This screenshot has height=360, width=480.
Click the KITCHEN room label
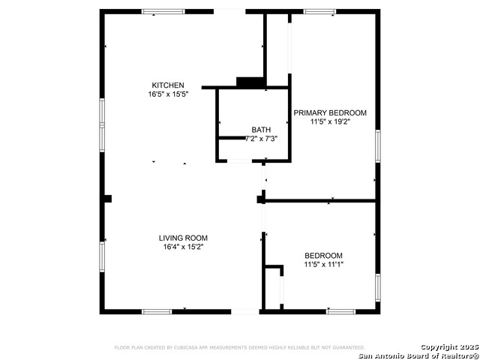coord(167,85)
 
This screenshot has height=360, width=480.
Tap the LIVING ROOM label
coord(183,238)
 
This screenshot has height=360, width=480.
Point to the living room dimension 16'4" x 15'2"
coord(183,247)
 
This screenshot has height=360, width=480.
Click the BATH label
coord(261,130)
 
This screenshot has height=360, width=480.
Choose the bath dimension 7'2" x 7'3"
coord(261,139)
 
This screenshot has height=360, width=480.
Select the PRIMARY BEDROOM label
coord(330,112)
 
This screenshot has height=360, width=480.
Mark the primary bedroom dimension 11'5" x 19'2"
coord(330,121)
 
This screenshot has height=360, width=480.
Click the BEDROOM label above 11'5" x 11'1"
coord(323,255)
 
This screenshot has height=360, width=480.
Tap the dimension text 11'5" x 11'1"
coord(323,265)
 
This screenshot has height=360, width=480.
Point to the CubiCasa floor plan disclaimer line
coord(238,347)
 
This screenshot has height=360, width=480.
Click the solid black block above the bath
coord(250,82)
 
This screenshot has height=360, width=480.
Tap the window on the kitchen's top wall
coord(163,11)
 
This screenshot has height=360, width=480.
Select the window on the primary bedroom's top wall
coord(319,11)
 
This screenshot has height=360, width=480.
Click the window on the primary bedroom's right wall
coord(377,145)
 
